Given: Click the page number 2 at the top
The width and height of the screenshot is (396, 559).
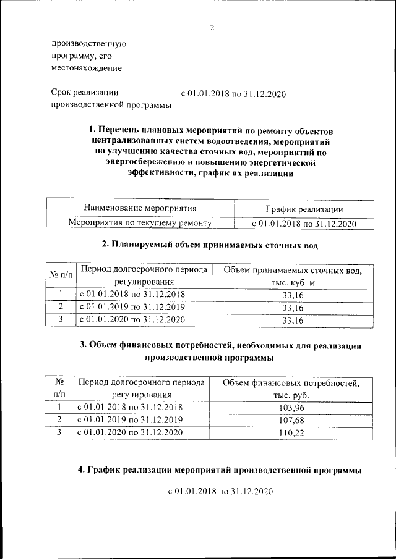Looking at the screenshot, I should click(211, 28).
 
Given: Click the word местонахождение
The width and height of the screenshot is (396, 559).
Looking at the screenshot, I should click(86, 68).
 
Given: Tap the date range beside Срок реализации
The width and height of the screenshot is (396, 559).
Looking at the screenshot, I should click(233, 94).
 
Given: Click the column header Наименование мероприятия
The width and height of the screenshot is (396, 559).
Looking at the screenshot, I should click(140, 209).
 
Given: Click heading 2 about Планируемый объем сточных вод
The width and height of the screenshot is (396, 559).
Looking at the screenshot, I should click(210, 245).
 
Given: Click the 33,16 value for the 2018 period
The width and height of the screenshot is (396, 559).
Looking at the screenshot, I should click(293, 295).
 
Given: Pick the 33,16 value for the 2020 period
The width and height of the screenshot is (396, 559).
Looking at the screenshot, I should click(293, 320).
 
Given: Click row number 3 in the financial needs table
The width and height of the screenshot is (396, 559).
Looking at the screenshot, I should click(59, 432).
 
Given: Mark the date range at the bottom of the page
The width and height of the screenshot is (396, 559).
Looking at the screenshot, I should click(220, 492).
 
